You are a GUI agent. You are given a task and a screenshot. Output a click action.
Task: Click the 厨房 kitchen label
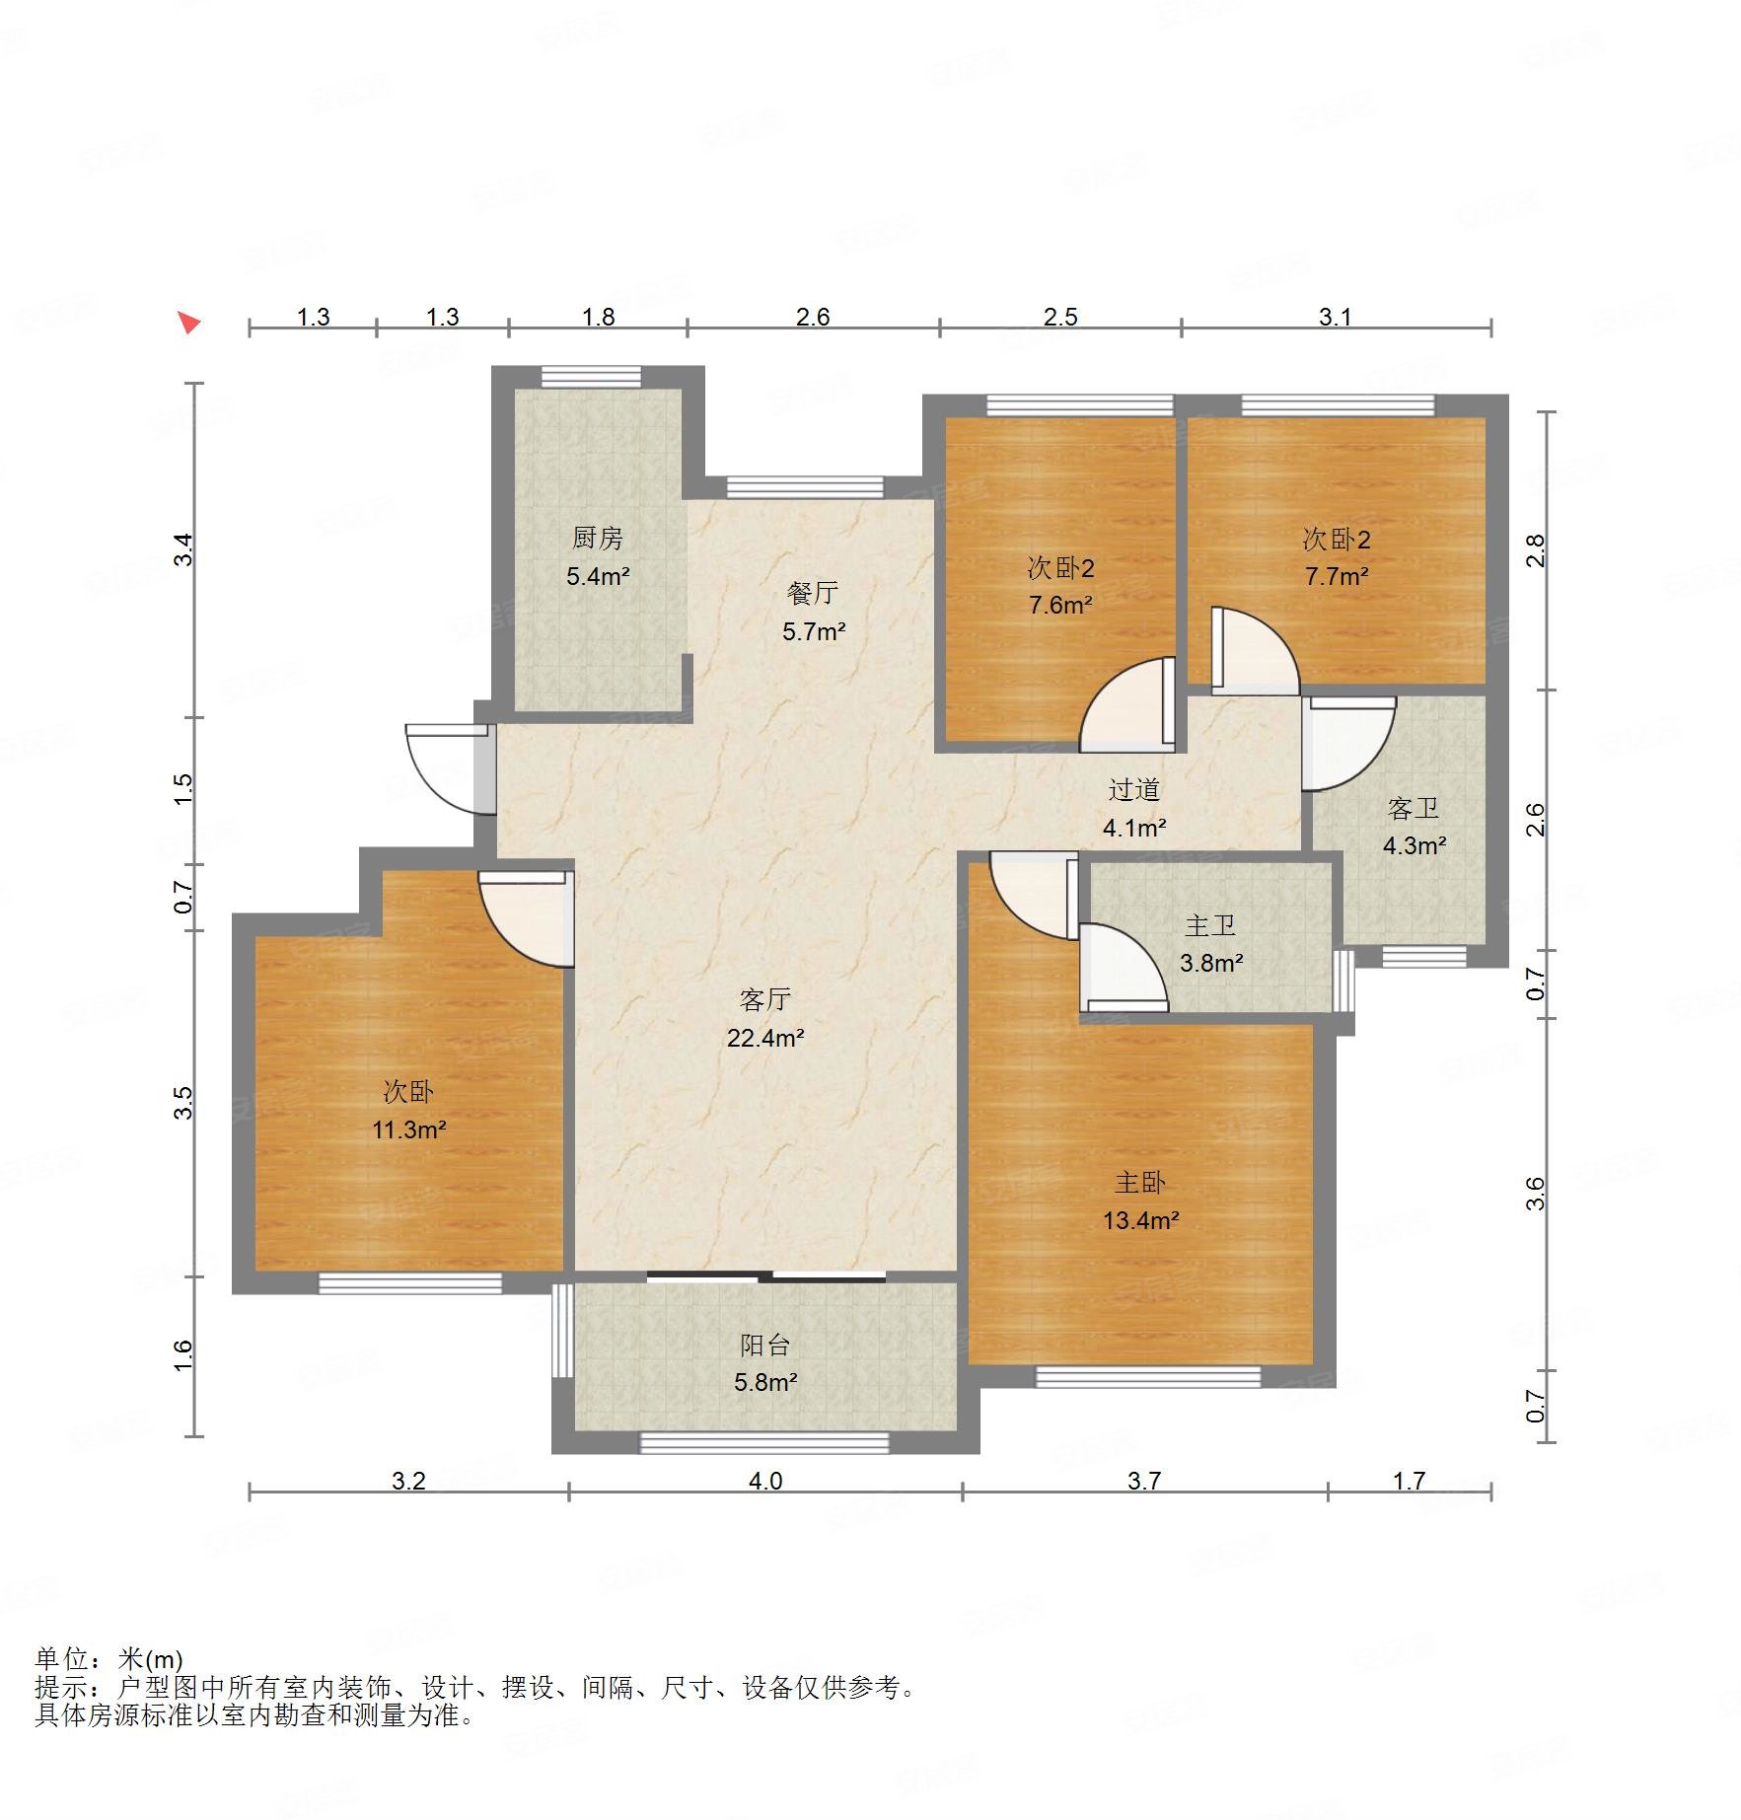[598, 539]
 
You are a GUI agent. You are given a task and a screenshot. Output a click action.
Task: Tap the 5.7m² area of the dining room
[814, 631]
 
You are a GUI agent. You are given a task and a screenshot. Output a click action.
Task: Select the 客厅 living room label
[764, 1000]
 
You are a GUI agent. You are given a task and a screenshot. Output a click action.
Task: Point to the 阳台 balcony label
[764, 1346]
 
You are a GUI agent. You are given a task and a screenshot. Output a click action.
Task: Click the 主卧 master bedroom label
[1140, 1183]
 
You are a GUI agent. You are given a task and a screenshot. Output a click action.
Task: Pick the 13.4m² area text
[1141, 1220]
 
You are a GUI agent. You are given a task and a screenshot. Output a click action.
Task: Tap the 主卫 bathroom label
[1210, 925]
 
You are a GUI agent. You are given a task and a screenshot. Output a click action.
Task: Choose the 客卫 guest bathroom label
[1414, 809]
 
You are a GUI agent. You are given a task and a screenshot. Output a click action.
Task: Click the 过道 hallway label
[1133, 790]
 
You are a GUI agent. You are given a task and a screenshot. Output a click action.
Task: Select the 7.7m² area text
[1337, 576]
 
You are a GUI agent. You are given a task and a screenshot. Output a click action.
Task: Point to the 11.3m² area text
[408, 1129]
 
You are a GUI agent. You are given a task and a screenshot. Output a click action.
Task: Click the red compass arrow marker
[188, 322]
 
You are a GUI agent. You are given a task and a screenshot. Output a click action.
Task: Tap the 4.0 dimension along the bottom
[765, 1481]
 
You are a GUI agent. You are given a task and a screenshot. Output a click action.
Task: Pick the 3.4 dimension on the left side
[184, 549]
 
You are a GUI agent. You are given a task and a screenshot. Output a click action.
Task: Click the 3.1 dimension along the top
[1335, 317]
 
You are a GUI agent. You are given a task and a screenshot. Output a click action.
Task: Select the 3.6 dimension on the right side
[1535, 1194]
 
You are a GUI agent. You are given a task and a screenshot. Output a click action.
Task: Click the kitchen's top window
[591, 377]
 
